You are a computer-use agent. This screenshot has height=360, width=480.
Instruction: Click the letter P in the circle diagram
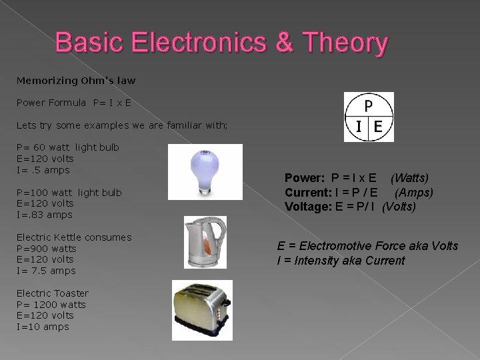click(x=369, y=105)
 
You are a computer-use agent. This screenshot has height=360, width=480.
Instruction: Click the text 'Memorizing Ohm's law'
click(x=76, y=81)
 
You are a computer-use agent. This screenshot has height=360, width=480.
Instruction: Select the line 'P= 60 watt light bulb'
click(x=67, y=147)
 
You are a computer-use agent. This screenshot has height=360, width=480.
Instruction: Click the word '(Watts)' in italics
click(x=409, y=178)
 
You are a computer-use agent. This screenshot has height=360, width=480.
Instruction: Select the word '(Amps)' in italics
click(x=414, y=193)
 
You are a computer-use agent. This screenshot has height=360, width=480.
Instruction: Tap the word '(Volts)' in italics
click(x=399, y=207)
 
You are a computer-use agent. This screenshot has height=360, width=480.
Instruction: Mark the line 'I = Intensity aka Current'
click(x=341, y=260)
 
